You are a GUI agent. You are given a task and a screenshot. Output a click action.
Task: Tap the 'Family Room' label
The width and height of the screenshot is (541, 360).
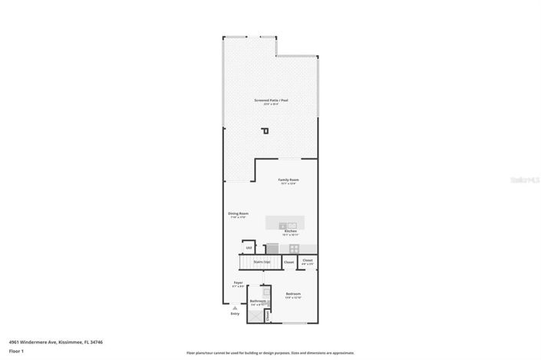(289, 180)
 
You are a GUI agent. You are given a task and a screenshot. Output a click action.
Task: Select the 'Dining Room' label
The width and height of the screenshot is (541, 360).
(238, 213)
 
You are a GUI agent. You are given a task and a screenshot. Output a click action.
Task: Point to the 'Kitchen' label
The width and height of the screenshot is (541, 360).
(291, 230)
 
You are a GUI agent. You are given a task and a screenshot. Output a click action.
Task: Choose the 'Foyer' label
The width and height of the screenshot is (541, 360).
(238, 282)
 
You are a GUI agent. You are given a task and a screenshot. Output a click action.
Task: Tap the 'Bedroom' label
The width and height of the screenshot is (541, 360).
(293, 294)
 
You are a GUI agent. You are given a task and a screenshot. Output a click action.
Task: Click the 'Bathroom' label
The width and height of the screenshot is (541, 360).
(258, 301)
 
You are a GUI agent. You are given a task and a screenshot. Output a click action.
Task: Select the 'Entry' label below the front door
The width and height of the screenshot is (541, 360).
(235, 314)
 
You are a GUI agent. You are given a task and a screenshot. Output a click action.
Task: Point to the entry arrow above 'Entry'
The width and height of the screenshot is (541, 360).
(235, 308)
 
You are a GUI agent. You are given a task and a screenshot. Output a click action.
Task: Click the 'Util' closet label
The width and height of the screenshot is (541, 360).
(248, 247)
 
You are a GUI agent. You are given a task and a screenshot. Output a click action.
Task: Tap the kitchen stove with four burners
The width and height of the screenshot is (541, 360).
(294, 248)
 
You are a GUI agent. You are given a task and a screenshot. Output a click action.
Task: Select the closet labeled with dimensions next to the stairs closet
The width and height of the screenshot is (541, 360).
(307, 261)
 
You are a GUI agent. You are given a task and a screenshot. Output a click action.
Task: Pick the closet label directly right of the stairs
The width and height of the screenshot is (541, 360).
(289, 263)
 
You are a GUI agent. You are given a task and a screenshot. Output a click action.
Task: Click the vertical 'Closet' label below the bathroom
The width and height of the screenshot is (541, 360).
(266, 315)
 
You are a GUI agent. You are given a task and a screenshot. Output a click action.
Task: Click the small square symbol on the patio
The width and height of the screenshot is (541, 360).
(266, 130)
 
